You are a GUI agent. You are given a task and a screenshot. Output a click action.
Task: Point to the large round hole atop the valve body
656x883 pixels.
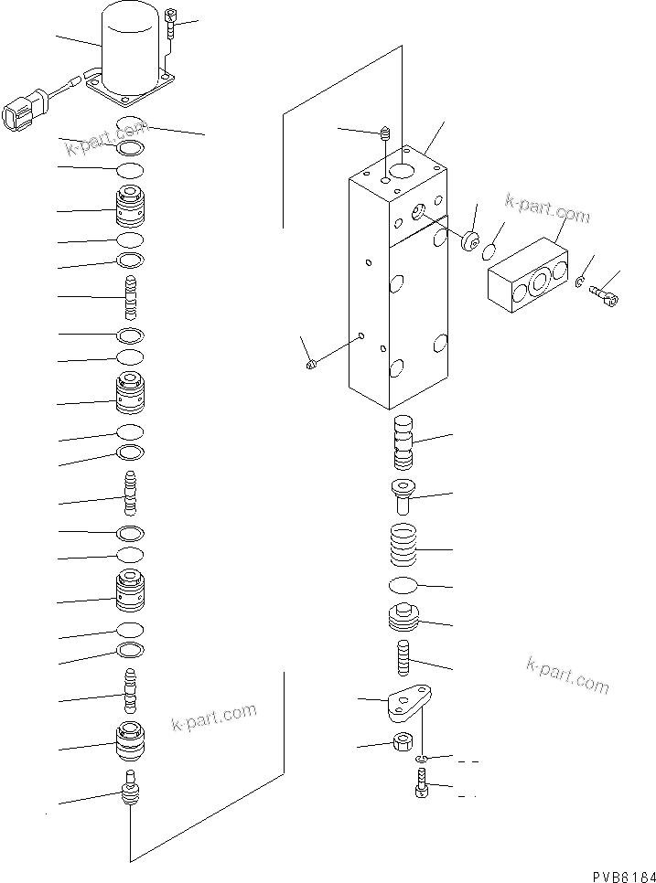402,171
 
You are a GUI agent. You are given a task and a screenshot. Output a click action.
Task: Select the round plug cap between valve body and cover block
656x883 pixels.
472,242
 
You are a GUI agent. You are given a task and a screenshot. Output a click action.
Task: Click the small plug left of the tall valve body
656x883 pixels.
310,366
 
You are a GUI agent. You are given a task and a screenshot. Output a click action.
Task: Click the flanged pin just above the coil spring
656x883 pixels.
403,494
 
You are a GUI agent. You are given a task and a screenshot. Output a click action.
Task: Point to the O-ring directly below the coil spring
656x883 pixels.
403,585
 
